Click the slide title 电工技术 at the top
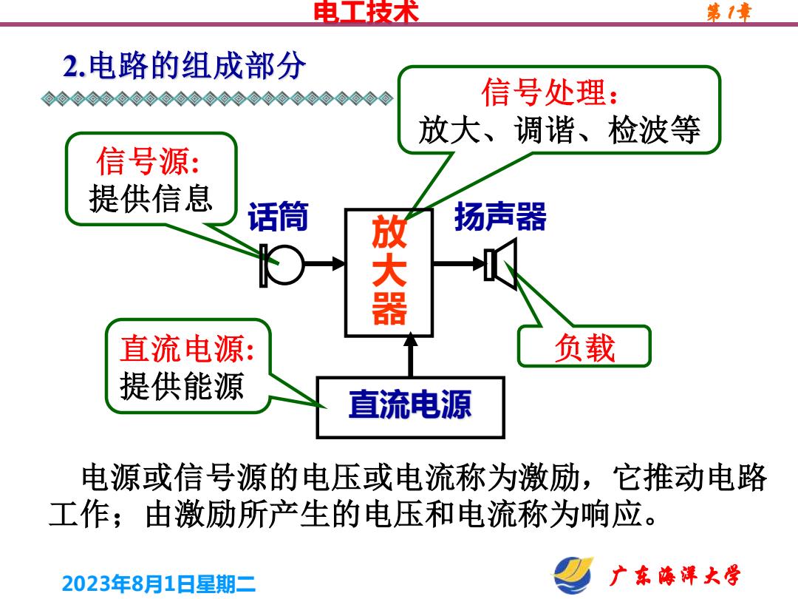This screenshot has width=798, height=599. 366,11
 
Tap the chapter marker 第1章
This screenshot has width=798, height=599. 729,13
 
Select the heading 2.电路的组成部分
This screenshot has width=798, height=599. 184,67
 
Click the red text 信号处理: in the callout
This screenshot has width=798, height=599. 550,92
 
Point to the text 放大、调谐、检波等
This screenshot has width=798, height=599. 559,130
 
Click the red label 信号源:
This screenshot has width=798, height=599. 148,161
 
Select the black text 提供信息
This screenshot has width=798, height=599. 151,198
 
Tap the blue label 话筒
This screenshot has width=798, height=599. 279,216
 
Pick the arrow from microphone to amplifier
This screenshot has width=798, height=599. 324,264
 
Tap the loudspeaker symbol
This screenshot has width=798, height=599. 501,264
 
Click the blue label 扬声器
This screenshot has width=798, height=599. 500,217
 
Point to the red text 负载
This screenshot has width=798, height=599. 584,348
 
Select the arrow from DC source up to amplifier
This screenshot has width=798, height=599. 410,354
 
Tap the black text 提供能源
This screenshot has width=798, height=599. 183,385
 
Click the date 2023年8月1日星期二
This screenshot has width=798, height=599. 159,583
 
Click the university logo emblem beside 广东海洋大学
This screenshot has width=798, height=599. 573,575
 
